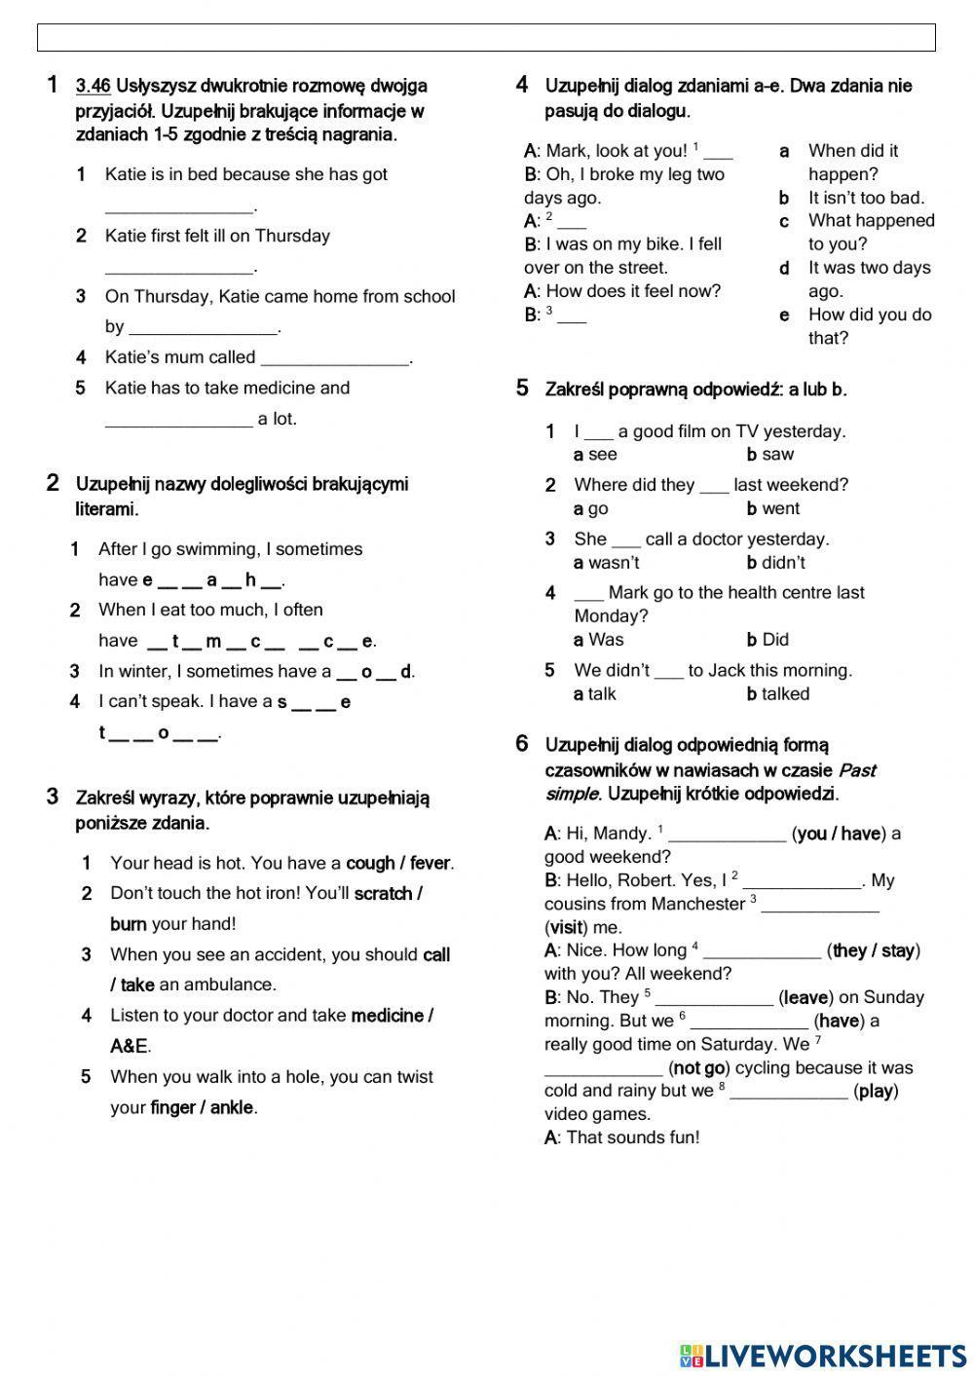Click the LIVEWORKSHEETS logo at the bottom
[823, 1355]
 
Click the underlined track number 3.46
[93, 87]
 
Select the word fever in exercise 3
[430, 863]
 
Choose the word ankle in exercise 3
[232, 1107]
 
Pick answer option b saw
[770, 455]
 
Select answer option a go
[591, 508]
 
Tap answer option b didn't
[776, 563]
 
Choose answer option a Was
[599, 640]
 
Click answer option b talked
[778, 694]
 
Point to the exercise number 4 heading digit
[522, 86]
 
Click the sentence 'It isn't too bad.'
[866, 198]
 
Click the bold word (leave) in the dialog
[805, 997]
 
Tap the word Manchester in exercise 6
[698, 904]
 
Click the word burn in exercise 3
[128, 924]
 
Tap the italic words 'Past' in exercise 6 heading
[856, 770]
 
